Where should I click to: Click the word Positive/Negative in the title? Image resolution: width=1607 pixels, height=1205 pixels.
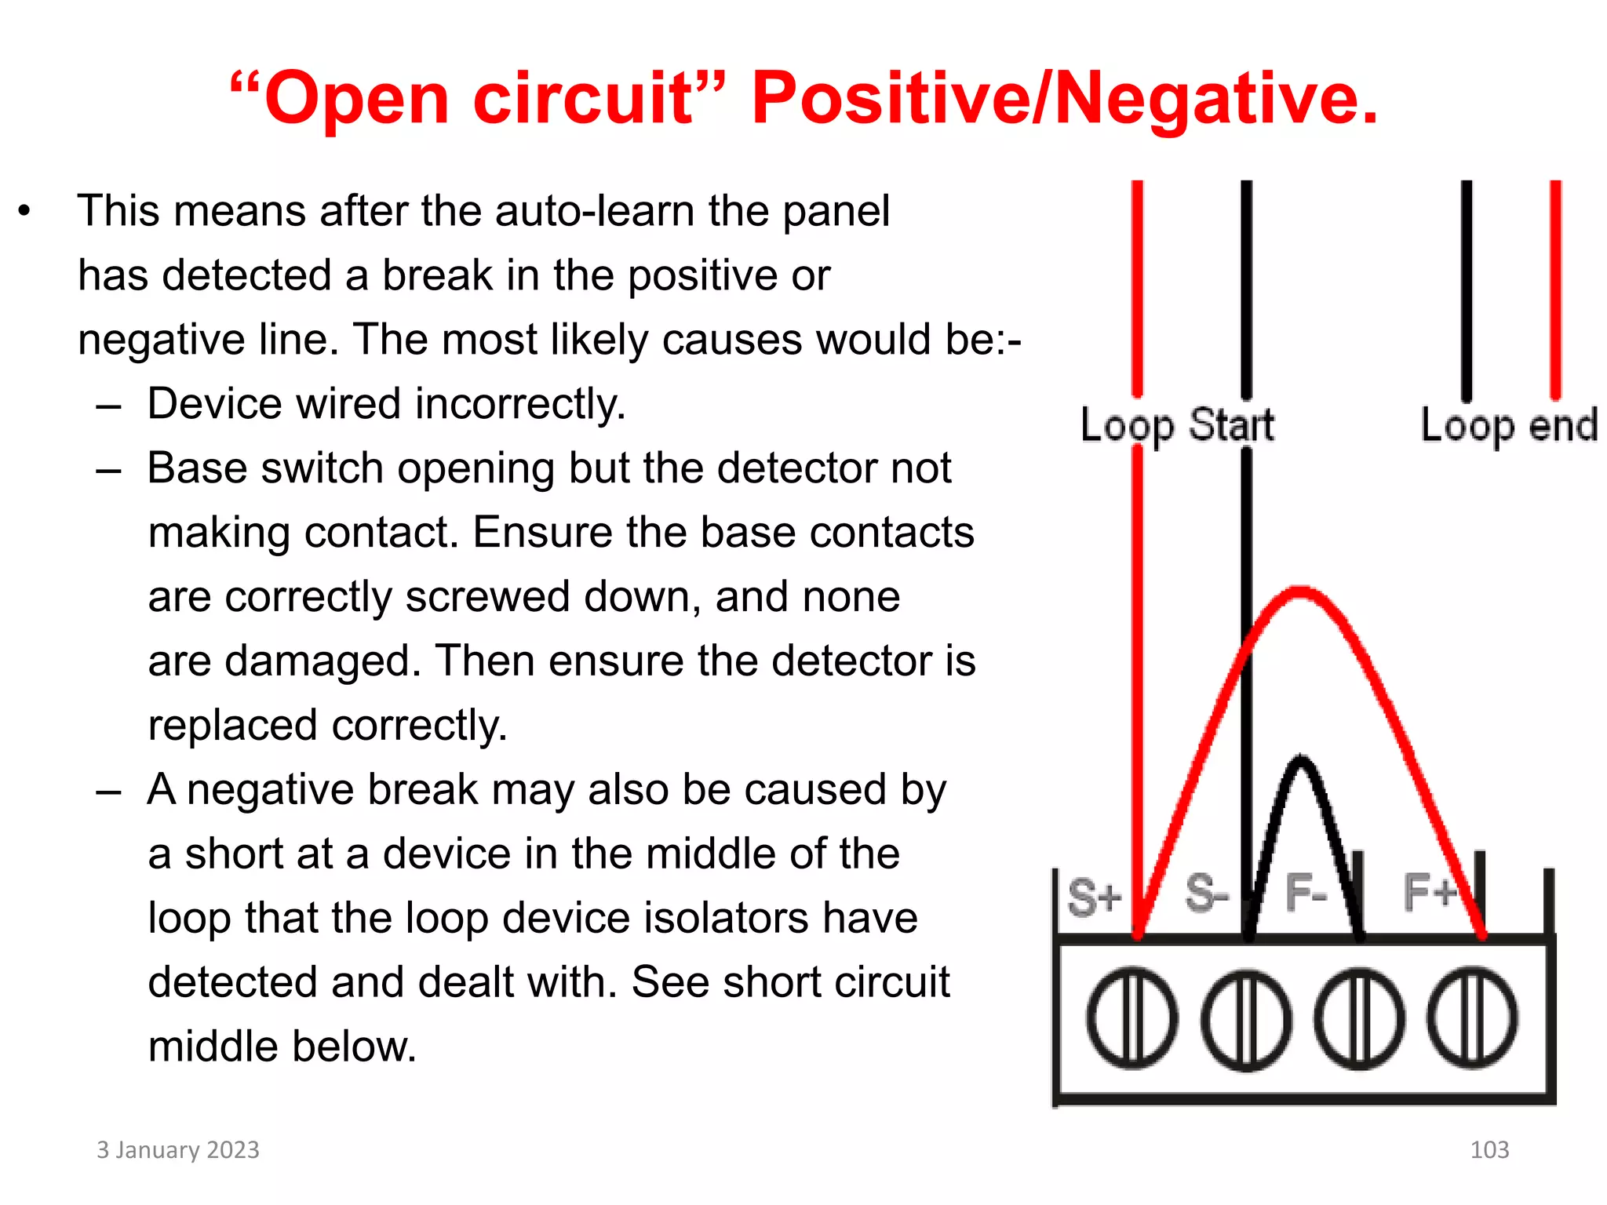point(1064,99)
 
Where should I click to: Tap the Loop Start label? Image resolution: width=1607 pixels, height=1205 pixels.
point(1177,425)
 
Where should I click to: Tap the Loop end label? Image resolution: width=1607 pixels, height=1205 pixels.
point(1509,426)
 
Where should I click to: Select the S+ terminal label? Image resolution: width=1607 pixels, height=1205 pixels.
point(1094,896)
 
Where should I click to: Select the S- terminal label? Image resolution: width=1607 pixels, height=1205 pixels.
point(1207,894)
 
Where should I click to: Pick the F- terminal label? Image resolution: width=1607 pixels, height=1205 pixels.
point(1306,894)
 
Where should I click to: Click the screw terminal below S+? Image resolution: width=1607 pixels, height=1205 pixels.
point(1131,1018)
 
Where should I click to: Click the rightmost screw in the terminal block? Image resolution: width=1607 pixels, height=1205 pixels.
point(1472,1018)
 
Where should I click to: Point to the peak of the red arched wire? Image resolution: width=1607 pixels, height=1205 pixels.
point(1301,592)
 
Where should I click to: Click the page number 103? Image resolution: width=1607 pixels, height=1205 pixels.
point(1489,1150)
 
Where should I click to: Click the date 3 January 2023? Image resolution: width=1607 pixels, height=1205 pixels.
point(178,1150)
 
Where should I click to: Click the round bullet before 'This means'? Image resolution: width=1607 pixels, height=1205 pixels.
point(25,211)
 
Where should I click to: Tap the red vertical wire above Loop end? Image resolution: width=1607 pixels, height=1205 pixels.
point(1555,290)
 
